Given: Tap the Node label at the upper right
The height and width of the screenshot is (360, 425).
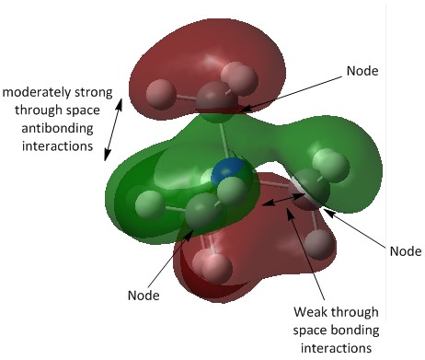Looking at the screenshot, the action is (x=362, y=71).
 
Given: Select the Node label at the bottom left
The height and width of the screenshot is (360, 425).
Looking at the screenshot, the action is (x=144, y=296).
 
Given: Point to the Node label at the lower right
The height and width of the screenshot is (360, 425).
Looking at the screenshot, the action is (x=406, y=251).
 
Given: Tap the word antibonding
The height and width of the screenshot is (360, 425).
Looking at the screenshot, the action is (x=57, y=128).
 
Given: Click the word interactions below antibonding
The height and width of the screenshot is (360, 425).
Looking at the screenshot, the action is (x=57, y=145).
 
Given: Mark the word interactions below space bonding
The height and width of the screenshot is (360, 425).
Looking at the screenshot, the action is (x=336, y=348).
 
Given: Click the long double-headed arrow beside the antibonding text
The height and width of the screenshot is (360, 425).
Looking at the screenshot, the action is (x=113, y=129).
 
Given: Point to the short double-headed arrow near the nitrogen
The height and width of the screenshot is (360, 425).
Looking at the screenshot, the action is (x=281, y=200).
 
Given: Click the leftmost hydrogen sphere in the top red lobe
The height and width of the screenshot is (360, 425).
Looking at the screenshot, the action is (x=161, y=95).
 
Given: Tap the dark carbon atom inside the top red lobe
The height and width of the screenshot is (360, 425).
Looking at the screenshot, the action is (x=216, y=99).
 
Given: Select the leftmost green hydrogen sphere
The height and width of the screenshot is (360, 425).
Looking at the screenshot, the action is (x=150, y=205).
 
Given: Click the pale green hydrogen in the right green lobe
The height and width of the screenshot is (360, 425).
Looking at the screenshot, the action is (x=331, y=166).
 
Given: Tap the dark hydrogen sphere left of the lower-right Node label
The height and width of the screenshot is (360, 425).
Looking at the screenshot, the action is (x=319, y=244).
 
